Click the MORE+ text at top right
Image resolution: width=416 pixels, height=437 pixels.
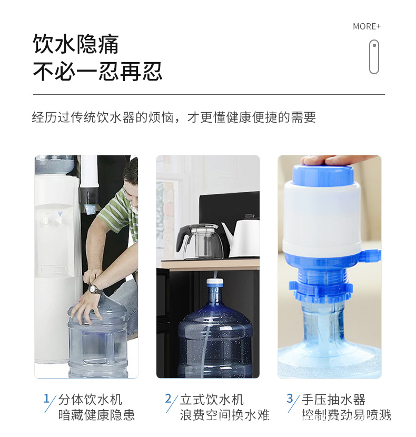[x=367, y=26]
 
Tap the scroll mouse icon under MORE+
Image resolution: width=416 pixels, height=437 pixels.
[x=374, y=57]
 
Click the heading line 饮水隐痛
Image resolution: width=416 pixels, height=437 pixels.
[x=76, y=45]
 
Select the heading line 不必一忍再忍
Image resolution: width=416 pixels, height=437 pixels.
[x=97, y=72]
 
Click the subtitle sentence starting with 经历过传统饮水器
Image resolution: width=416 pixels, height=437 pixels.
[x=174, y=117]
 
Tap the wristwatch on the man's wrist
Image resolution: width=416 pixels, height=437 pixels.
[x=95, y=289]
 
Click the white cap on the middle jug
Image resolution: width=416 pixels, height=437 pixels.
[x=214, y=283]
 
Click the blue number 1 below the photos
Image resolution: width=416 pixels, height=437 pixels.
[x=46, y=398]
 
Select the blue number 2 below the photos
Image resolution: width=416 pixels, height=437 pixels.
[x=168, y=398]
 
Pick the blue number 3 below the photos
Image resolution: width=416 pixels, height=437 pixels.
[x=290, y=398]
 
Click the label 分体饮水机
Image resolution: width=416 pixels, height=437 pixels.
[x=90, y=400]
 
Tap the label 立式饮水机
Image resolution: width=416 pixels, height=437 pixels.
[x=212, y=400]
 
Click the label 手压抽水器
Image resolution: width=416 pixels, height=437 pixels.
[x=333, y=400]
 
